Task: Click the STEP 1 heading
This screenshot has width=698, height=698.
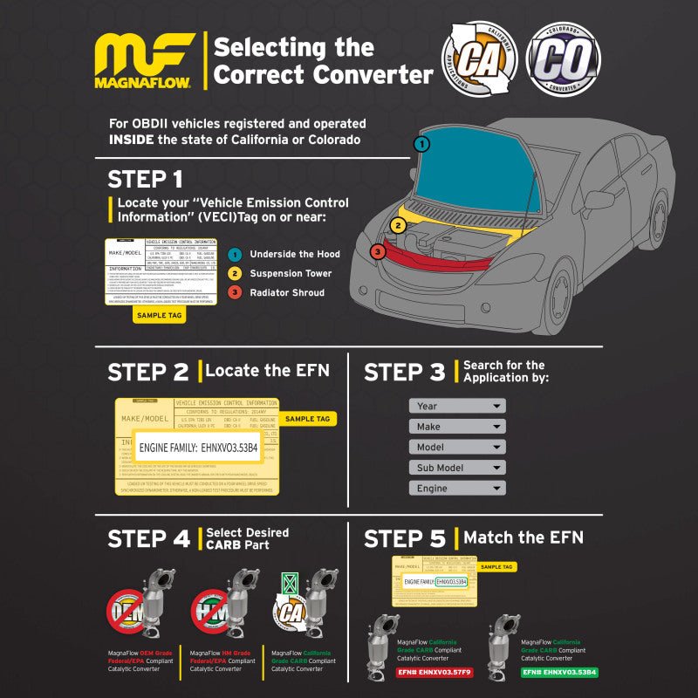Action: [x=145, y=180]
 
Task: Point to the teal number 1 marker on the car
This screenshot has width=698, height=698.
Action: [x=421, y=144]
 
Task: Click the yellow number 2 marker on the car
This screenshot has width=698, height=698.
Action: [x=398, y=225]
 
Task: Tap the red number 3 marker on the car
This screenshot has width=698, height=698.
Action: [x=377, y=252]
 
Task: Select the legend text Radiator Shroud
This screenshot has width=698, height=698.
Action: [x=288, y=292]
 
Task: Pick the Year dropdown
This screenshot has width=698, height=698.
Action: [x=457, y=406]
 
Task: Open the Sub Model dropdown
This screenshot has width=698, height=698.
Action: [x=457, y=468]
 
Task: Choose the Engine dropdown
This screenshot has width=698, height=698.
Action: [x=457, y=489]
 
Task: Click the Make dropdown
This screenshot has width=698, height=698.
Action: [x=457, y=427]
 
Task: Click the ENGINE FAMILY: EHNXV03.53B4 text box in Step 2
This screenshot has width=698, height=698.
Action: [x=198, y=448]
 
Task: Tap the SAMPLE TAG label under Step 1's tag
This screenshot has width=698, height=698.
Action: [x=158, y=315]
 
